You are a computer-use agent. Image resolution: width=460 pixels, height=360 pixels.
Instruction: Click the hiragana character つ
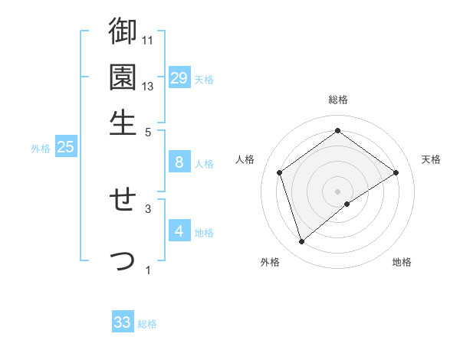(123, 260)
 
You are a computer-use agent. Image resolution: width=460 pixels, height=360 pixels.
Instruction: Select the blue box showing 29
(179, 78)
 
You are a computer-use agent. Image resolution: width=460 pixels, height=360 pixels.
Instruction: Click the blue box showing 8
(179, 162)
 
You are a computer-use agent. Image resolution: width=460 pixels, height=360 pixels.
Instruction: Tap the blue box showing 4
(179, 231)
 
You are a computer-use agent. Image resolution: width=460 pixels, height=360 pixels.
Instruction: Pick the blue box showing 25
(66, 147)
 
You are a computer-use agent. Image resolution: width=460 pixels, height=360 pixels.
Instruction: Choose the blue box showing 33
(123, 322)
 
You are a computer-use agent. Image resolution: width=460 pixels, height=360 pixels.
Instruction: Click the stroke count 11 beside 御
(148, 40)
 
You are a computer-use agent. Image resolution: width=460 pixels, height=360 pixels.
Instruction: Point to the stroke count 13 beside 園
(148, 86)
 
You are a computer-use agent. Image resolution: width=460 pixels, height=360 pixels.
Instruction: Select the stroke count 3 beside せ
(148, 208)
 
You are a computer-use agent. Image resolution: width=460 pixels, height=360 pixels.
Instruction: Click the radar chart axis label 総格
(338, 100)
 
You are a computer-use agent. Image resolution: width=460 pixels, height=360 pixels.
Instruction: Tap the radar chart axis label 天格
(431, 159)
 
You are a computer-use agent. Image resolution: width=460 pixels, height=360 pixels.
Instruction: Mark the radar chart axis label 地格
(402, 262)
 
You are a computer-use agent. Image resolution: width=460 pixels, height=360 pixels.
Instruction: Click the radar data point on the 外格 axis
(301, 242)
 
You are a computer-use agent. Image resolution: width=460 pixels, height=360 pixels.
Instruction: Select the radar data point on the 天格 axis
(396, 172)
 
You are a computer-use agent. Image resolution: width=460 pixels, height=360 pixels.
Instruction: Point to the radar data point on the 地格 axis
(347, 204)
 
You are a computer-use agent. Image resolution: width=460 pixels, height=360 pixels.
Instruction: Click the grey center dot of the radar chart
(338, 191)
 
